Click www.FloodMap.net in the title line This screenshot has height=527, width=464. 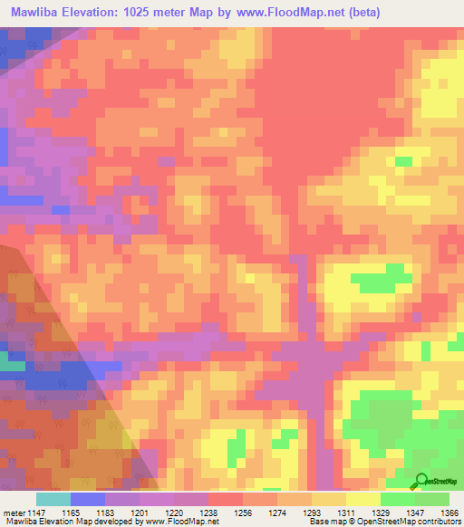(x=284, y=12)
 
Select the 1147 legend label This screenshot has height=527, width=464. (x=42, y=512)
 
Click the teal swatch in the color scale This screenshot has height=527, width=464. (x=53, y=499)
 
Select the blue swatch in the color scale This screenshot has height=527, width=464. (x=88, y=499)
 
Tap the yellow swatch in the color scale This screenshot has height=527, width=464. (x=363, y=499)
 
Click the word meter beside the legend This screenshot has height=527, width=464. (x=14, y=512)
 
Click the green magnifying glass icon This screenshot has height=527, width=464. (x=421, y=481)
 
